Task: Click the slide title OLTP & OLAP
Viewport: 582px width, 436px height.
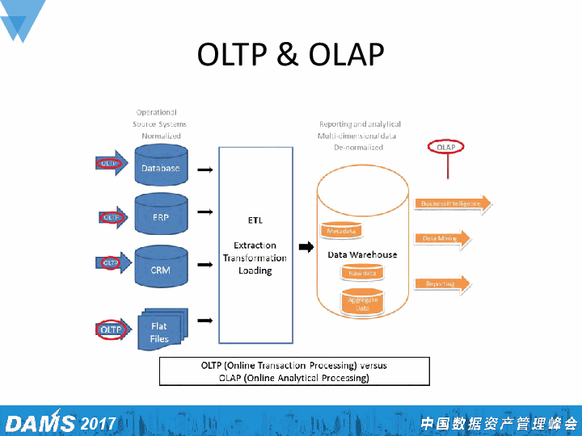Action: [290, 54]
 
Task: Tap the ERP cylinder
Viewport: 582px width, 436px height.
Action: [160, 216]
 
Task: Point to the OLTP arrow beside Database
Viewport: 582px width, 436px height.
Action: [111, 163]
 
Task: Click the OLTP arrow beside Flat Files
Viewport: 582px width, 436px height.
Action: [112, 329]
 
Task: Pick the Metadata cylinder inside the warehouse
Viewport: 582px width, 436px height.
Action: [340, 230]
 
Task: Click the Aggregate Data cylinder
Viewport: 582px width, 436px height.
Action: [362, 303]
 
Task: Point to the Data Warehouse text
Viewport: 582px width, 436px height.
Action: [362, 254]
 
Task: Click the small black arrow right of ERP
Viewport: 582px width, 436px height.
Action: [205, 212]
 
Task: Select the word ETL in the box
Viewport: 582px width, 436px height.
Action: [255, 220]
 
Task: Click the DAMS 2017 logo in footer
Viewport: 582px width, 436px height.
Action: [61, 423]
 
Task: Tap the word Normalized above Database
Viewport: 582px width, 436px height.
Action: [161, 136]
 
